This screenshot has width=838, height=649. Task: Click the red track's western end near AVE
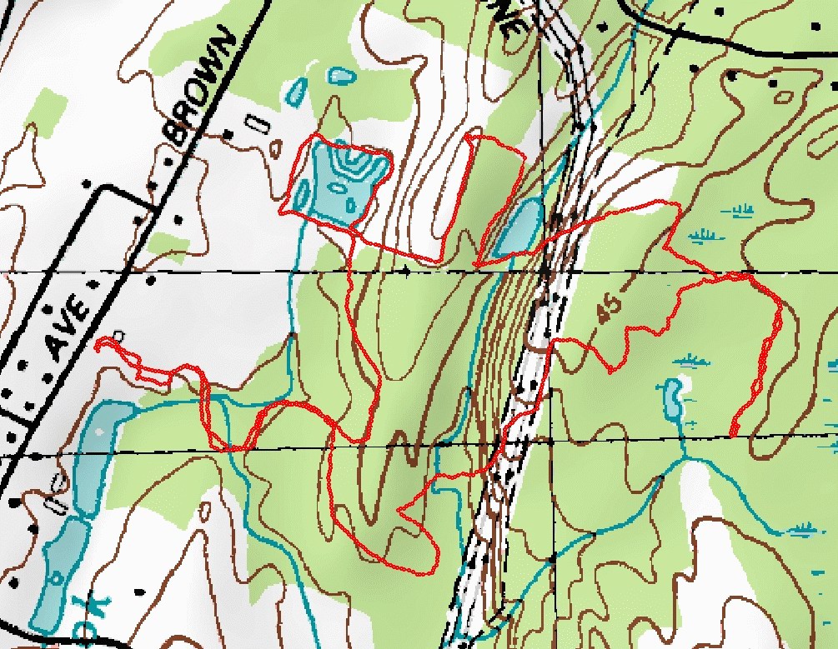97,342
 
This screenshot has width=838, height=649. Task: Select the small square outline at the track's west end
118,336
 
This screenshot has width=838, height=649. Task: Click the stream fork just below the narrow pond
682,457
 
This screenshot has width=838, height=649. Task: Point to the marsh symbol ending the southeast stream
804,527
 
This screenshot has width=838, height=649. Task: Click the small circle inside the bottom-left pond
56,577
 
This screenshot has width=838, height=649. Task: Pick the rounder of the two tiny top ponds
340,77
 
